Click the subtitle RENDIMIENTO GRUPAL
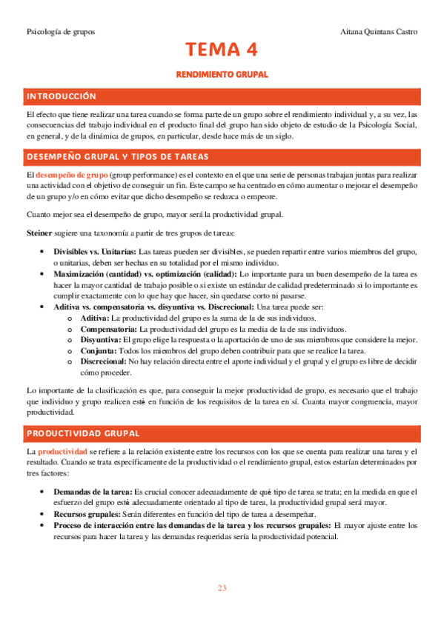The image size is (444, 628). click(222, 76)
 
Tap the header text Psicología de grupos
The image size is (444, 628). click(60, 32)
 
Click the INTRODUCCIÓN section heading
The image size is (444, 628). click(62, 96)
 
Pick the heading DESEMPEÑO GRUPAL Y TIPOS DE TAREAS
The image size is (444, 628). click(117, 156)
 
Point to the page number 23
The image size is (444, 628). click(222, 588)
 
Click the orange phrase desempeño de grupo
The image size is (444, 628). click(66, 173)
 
